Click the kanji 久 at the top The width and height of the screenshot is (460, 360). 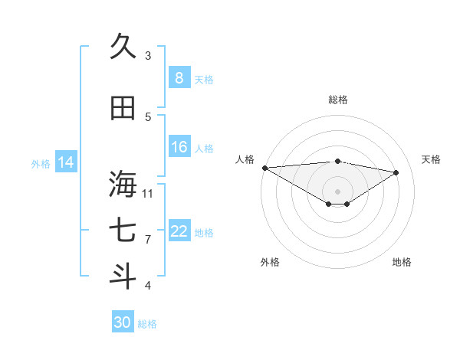123,47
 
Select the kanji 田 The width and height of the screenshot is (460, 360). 123,109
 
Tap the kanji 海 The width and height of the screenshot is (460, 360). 123,185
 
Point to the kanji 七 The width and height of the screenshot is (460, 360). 123,232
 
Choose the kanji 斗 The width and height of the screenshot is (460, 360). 123,277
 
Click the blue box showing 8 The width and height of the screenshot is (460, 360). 179,77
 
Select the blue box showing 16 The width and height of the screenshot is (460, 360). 179,147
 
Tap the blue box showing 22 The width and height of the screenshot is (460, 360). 179,231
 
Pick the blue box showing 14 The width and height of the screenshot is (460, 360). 66,162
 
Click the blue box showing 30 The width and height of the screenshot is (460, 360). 123,322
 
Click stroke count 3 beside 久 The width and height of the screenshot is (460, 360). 148,55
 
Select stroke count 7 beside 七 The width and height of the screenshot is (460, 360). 148,240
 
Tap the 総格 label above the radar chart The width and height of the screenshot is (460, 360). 337,100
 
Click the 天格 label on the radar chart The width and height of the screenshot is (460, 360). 432,159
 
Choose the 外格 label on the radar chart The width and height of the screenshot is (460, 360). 269,262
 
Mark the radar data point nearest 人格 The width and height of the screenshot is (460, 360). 264,168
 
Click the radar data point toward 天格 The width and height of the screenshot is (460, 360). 396,172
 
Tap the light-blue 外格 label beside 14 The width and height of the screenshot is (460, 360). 40,163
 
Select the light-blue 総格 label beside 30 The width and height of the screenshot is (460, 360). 147,324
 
